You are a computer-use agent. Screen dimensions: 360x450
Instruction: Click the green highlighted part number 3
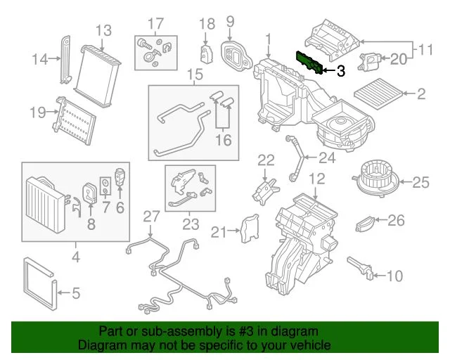click(309, 63)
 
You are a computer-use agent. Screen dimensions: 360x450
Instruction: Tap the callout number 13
click(103, 30)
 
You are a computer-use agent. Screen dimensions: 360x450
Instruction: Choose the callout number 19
click(37, 112)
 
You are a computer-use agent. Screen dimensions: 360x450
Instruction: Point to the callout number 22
click(265, 160)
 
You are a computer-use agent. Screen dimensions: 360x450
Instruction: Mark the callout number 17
click(155, 23)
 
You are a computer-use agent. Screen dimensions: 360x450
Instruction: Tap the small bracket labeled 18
click(207, 53)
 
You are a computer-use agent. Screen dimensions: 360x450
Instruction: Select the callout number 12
click(317, 178)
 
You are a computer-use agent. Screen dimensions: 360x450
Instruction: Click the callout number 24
click(327, 157)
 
